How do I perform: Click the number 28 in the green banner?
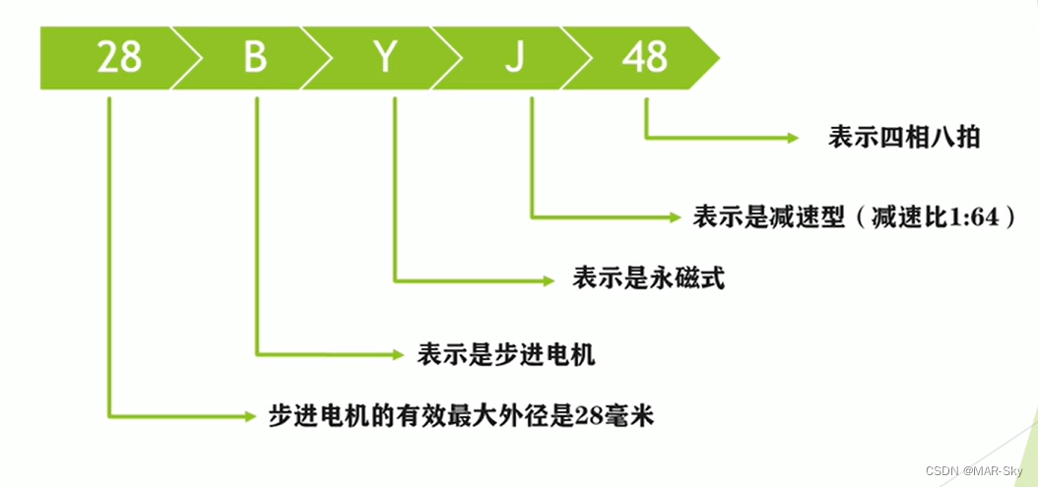[x=119, y=58]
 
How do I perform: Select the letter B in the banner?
[x=255, y=58]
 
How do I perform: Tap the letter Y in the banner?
[x=385, y=58]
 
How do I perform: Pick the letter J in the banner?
[x=513, y=58]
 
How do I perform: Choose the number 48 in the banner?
[x=645, y=58]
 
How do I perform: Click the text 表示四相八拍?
[x=904, y=138]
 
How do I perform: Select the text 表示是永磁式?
[x=648, y=279]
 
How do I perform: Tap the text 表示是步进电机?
[x=506, y=353]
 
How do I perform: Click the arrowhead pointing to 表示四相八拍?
[x=791, y=138]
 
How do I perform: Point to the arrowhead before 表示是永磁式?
[x=549, y=280]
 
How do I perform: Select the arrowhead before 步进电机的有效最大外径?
[x=248, y=416]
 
